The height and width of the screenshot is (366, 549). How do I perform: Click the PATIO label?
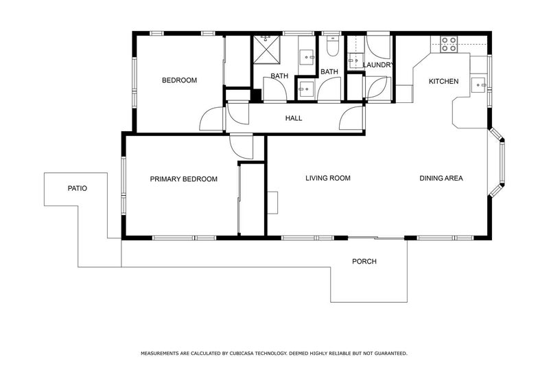[78, 188]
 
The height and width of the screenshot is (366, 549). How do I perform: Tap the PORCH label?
[364, 261]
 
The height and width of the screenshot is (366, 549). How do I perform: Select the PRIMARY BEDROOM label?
[183, 179]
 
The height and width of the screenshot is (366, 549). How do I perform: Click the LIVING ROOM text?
[328, 178]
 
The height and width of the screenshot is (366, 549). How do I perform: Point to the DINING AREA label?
[441, 178]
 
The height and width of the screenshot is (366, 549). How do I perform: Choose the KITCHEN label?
[443, 81]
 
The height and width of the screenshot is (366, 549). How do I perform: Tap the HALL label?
[294, 118]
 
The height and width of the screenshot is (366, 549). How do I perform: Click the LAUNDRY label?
[378, 65]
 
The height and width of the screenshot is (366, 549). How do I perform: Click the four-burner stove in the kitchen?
[449, 44]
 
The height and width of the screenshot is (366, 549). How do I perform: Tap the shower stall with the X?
[267, 49]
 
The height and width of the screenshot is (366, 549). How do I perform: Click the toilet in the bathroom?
[332, 46]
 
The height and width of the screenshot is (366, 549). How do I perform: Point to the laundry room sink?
[355, 60]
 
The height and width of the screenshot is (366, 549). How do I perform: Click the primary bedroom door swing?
[242, 147]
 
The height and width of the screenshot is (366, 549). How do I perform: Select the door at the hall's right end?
[352, 118]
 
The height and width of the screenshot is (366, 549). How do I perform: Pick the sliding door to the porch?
[376, 238]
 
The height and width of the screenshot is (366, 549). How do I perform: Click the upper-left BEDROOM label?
[179, 80]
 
